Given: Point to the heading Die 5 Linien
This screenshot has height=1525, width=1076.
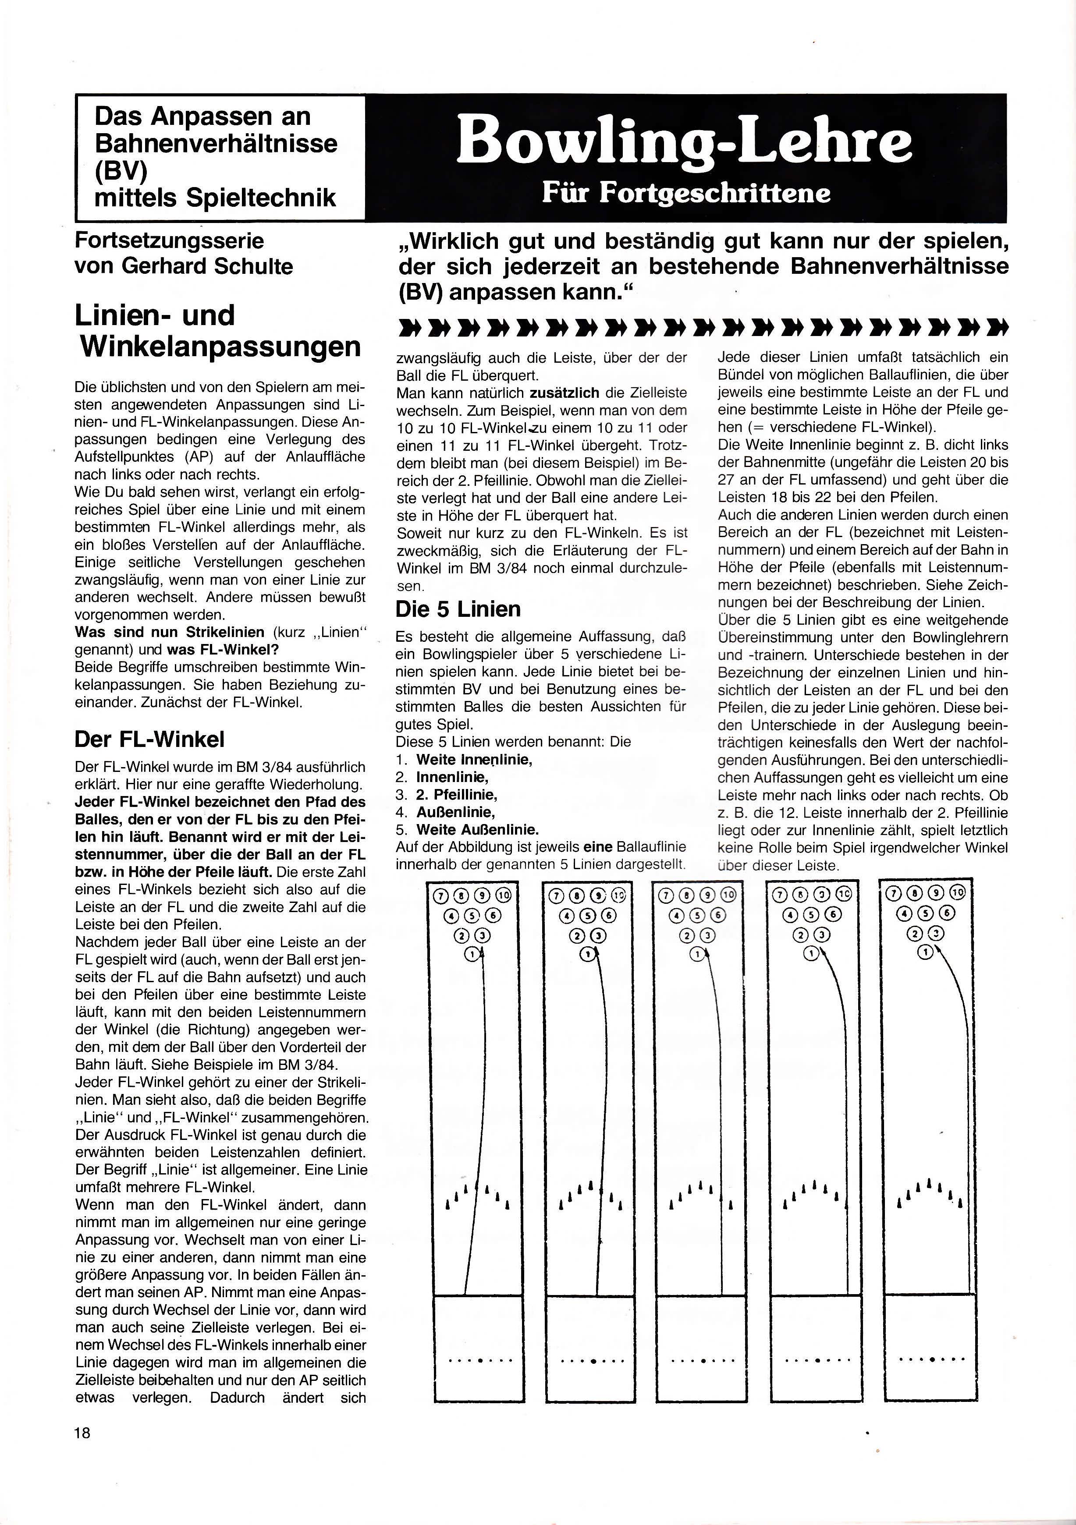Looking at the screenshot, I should (458, 609).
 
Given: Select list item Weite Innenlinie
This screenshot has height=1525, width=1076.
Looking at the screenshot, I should (474, 759).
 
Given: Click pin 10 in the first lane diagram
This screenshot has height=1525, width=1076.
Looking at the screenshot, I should (503, 896).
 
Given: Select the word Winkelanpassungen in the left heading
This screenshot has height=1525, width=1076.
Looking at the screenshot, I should (220, 347).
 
